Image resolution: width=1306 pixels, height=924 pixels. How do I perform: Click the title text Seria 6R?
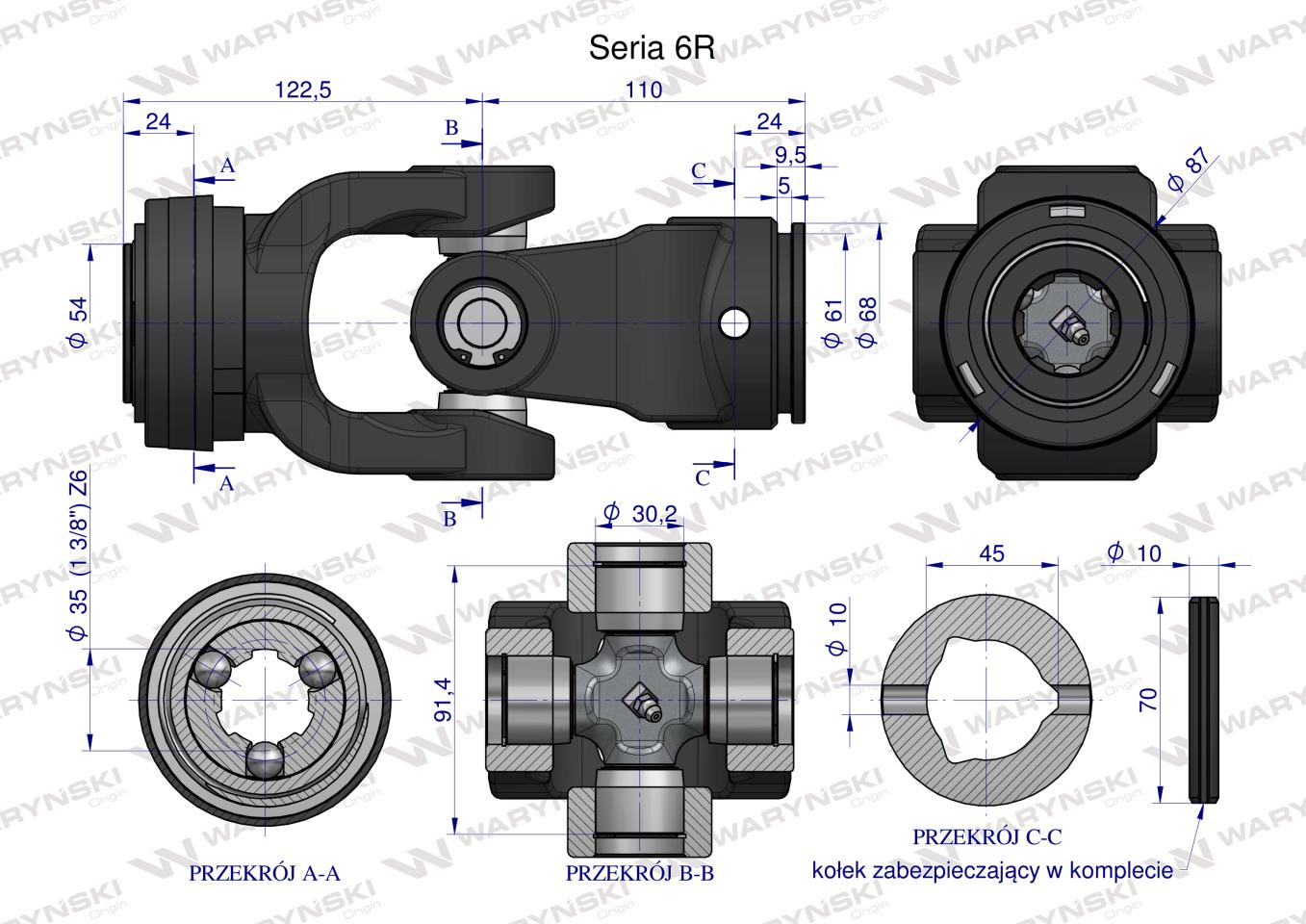pyautogui.click(x=652, y=49)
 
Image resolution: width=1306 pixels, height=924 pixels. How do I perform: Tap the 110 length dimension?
pyautogui.click(x=643, y=90)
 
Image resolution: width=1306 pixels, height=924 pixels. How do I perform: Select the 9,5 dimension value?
pyautogui.click(x=790, y=154)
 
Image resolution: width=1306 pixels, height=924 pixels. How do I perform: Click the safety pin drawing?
pyautogui.click(x=1203, y=699)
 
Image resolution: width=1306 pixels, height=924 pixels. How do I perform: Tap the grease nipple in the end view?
pyautogui.click(x=1071, y=327)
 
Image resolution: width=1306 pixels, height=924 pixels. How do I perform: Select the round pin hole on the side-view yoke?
pyautogui.click(x=735, y=323)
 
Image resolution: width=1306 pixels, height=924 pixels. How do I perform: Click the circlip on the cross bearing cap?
pyautogui.click(x=478, y=327)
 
